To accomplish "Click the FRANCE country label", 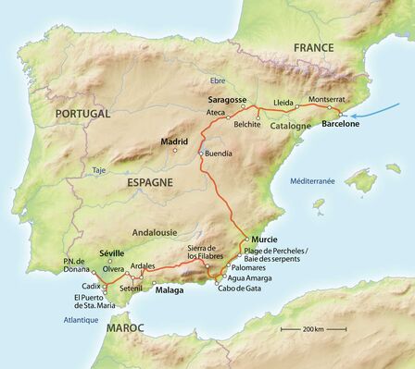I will click(x=313, y=47).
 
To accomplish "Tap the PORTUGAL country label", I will click(x=82, y=114).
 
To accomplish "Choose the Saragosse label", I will click(x=227, y=99).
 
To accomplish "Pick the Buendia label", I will click(x=219, y=152).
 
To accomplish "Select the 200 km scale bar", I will click(x=302, y=328).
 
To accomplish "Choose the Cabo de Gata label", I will click(x=235, y=287).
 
